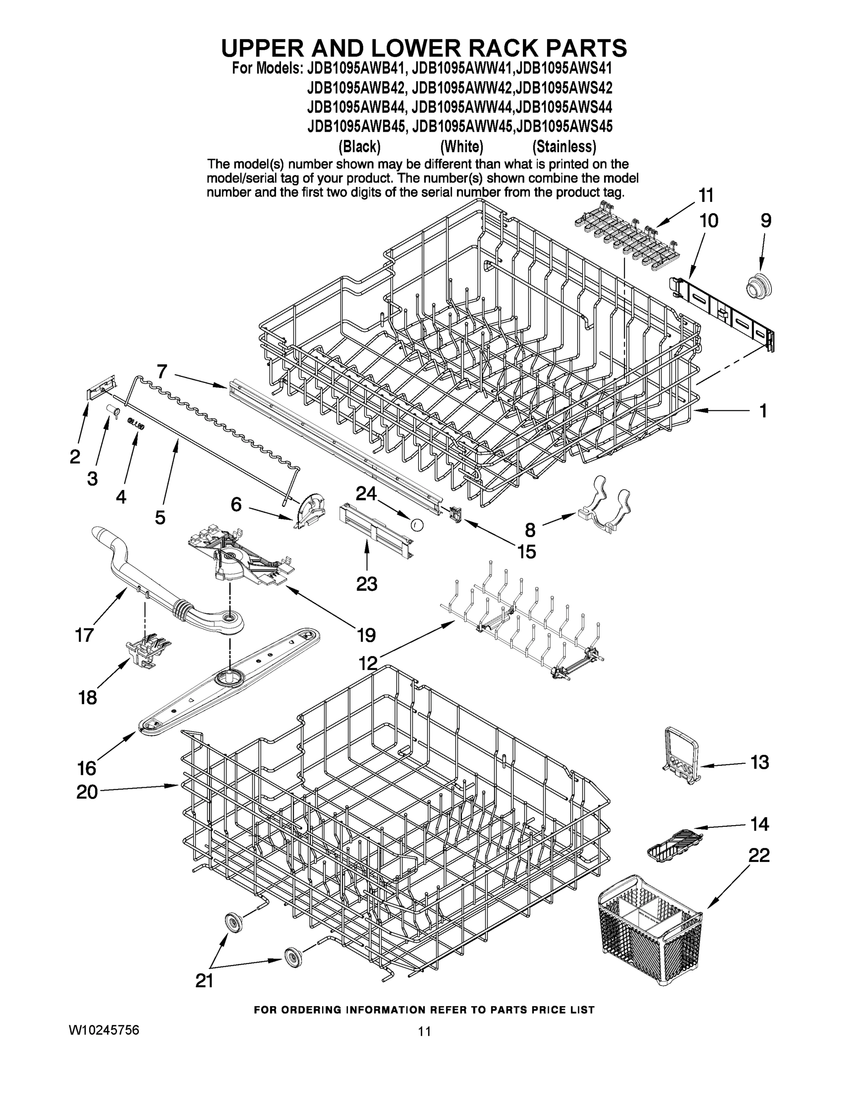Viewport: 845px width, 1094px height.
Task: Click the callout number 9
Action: [766, 221]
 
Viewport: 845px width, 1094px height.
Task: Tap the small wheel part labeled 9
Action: [758, 286]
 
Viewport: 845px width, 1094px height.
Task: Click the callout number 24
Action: [366, 494]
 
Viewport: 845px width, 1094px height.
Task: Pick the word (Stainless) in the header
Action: [564, 147]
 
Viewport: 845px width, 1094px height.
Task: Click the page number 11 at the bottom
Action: [425, 1032]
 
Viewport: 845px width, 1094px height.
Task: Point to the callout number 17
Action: [84, 635]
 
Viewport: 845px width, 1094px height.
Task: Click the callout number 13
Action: [759, 762]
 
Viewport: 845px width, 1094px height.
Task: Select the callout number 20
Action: [87, 792]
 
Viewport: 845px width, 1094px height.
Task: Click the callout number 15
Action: [526, 552]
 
